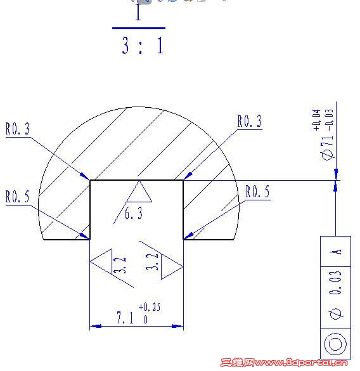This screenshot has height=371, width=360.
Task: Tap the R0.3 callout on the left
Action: [x=18, y=130]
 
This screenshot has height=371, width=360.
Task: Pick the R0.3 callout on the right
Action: [x=249, y=122]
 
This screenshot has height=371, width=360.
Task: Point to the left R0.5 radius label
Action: [x=18, y=197]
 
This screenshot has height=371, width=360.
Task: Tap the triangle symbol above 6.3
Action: [x=139, y=193]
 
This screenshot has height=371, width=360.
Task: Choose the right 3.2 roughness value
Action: [x=153, y=263]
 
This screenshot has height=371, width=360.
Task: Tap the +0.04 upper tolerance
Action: [x=316, y=120]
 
